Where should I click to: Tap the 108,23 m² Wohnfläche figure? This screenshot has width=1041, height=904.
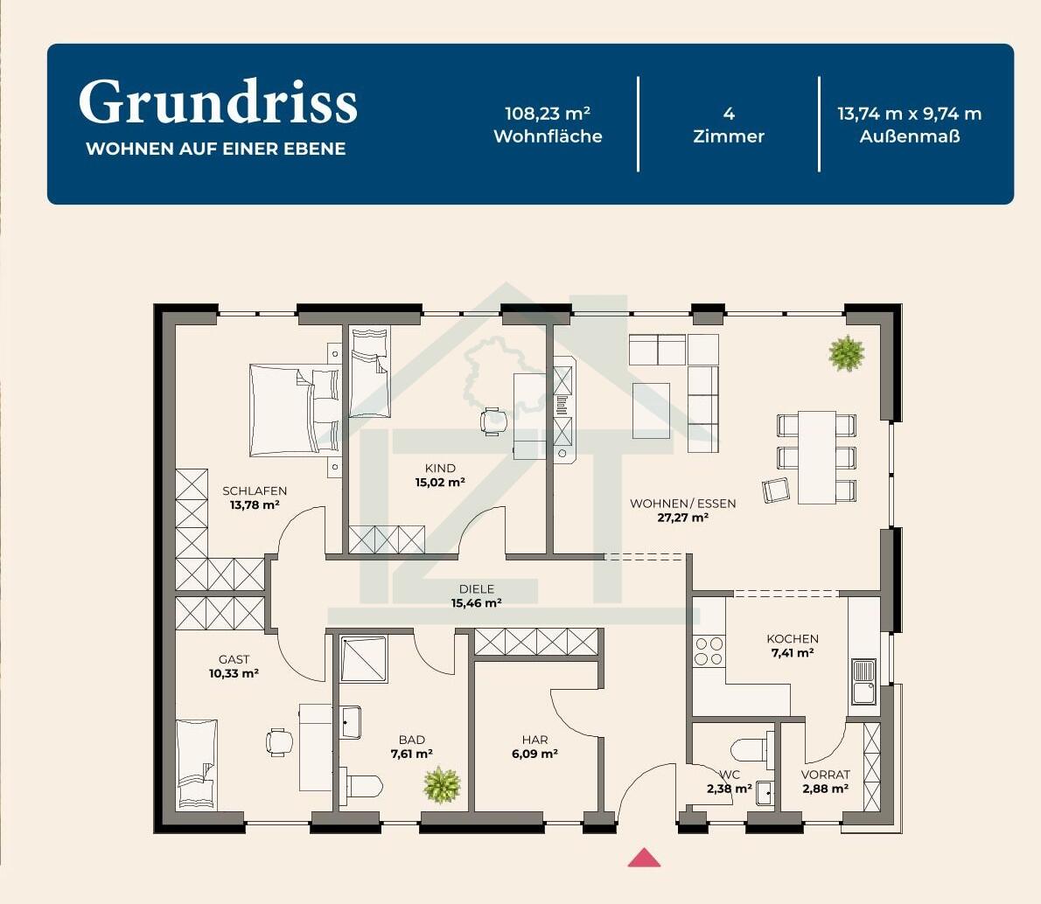point(548,114)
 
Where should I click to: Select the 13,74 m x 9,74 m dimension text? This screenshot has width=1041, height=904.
point(910,114)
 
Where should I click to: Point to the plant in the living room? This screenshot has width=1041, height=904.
point(847,352)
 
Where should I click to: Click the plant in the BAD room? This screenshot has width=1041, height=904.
point(442,784)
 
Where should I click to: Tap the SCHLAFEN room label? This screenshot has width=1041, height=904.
point(255,491)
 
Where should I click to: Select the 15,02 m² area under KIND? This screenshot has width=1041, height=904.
point(440,483)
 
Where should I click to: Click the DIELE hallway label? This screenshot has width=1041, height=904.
point(477,588)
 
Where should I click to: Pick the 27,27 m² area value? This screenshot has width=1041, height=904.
point(683,518)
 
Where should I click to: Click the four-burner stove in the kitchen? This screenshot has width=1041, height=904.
point(709,651)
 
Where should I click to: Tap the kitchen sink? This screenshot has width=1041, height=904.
point(863,682)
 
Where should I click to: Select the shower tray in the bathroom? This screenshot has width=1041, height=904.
point(363,659)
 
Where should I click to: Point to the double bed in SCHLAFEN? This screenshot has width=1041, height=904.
point(294,410)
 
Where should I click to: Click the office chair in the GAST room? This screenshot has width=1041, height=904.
point(280,742)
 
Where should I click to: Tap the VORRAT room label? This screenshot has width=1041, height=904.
point(825,775)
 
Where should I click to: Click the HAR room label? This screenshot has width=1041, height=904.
point(535,740)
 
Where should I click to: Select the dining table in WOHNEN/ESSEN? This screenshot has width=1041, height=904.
point(816,457)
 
